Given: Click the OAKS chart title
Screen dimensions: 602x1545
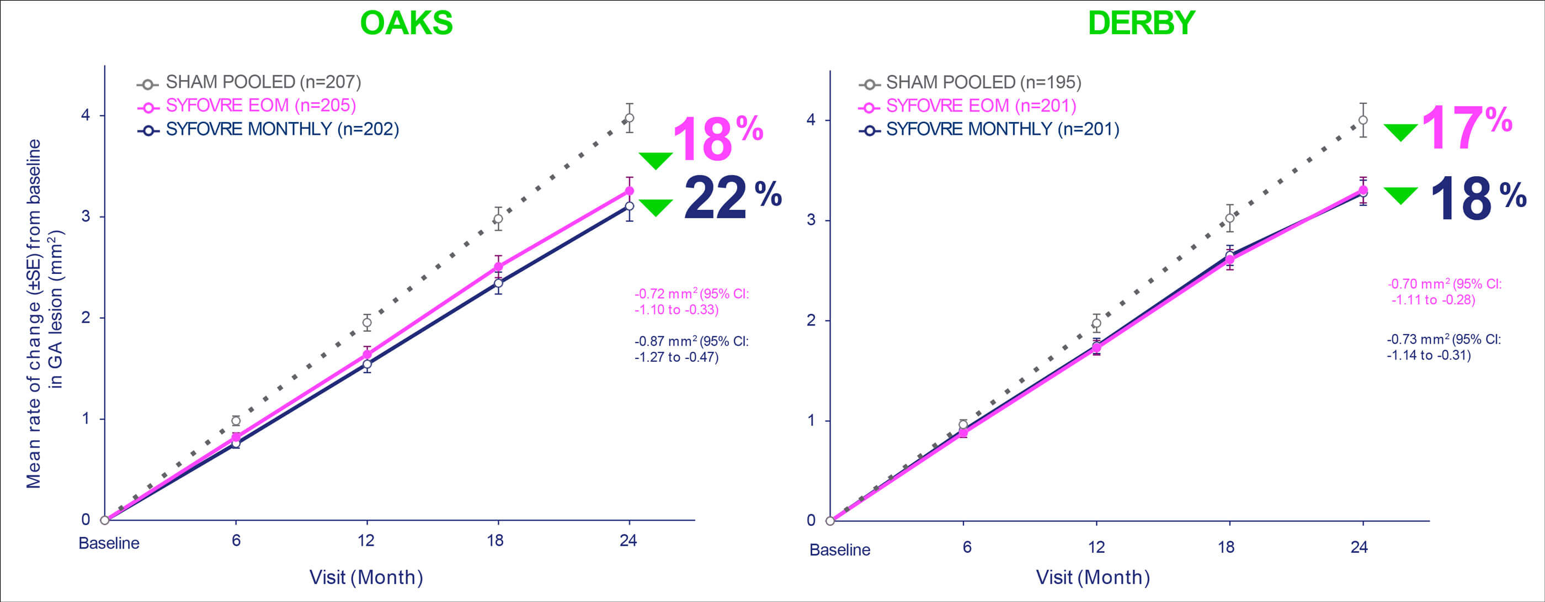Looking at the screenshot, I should click(406, 23).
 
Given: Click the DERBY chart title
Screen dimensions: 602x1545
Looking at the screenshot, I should click(1141, 23).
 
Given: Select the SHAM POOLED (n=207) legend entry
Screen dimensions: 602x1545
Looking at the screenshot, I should click(263, 82).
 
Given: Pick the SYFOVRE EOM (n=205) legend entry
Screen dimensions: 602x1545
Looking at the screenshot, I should click(260, 105).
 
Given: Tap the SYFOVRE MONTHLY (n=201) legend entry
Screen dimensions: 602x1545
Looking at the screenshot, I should click(1002, 129).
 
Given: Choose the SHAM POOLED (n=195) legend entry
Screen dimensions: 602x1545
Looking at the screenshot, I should click(983, 82).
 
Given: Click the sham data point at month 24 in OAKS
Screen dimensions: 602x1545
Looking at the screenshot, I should click(629, 118).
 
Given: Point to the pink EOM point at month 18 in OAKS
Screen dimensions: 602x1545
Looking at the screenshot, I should click(498, 267).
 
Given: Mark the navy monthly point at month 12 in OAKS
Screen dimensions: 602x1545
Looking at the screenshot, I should click(366, 365).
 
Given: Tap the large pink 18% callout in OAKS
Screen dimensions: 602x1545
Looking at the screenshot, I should click(717, 139).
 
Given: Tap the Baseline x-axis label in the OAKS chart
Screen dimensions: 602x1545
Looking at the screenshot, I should click(109, 543).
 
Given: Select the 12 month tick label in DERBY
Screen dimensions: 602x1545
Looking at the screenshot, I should click(1096, 547).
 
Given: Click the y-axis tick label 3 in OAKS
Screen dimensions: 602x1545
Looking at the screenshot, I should click(86, 216).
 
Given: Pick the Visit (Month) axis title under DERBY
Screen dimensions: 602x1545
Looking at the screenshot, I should click(1092, 577).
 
